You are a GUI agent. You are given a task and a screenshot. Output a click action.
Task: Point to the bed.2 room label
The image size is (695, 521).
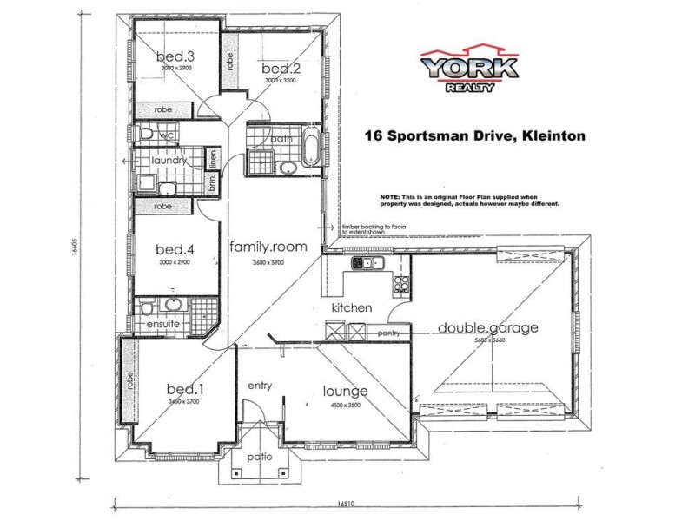click(279, 68)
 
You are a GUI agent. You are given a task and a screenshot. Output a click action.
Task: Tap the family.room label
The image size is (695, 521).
click(268, 247)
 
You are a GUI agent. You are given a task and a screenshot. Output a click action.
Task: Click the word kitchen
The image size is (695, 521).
click(351, 307)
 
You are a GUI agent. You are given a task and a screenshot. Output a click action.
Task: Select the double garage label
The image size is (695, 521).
click(487, 328)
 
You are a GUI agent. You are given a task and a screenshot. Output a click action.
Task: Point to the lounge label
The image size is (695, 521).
click(346, 392)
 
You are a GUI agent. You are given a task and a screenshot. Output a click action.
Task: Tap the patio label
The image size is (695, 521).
click(258, 456)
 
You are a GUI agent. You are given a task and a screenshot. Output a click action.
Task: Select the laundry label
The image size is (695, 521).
click(169, 162)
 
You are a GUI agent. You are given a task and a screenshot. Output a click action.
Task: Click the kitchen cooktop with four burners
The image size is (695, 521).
click(400, 283)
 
